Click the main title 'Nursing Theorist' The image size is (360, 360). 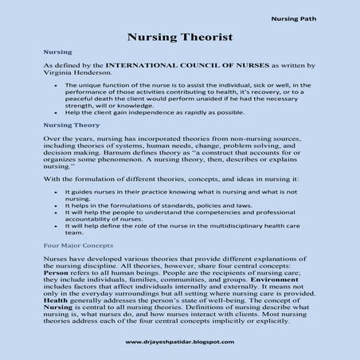[179, 37]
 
